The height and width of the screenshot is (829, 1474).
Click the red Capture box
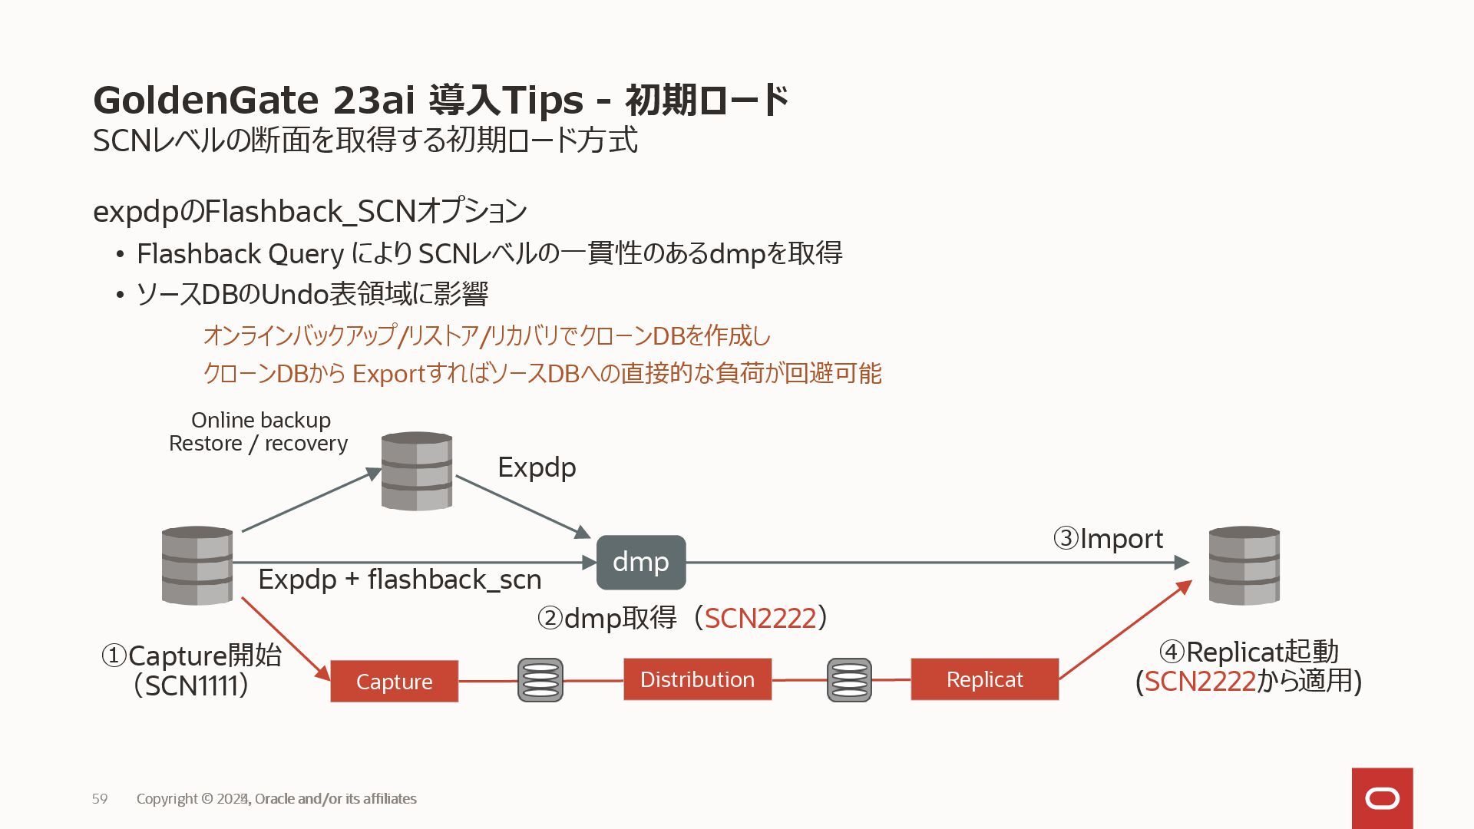click(x=394, y=681)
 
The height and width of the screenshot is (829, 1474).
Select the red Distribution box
click(x=697, y=679)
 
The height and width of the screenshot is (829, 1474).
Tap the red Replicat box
click(x=984, y=679)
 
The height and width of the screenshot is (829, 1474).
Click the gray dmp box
click(x=641, y=562)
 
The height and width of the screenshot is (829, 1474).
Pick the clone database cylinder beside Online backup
click(x=417, y=471)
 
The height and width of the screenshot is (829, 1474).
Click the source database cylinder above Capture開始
click(x=197, y=565)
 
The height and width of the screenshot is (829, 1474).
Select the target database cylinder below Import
click(x=1244, y=565)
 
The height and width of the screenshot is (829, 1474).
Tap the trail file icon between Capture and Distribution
click(x=540, y=680)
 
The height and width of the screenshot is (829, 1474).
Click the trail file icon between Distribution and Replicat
click(x=849, y=680)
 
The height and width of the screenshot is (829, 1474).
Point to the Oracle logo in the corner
click(x=1382, y=798)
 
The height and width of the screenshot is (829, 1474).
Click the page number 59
click(x=100, y=799)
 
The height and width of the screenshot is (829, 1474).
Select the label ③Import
click(x=1108, y=539)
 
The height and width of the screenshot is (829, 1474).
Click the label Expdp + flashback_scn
click(x=399, y=580)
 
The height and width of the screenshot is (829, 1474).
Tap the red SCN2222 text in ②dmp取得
click(x=760, y=618)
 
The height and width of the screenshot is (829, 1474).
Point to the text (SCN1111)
click(x=191, y=685)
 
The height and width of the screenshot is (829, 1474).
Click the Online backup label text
click(x=261, y=421)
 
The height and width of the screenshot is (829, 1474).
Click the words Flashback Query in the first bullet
click(x=240, y=253)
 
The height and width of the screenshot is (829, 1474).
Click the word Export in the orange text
click(x=388, y=374)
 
